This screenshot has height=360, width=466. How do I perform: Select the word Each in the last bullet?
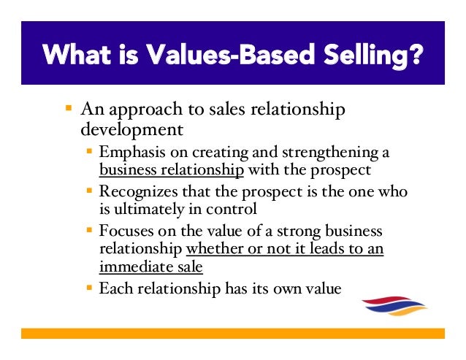pos(114,288)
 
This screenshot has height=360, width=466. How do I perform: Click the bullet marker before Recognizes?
pos(89,192)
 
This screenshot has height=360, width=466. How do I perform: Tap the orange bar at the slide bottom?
pos(233,333)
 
